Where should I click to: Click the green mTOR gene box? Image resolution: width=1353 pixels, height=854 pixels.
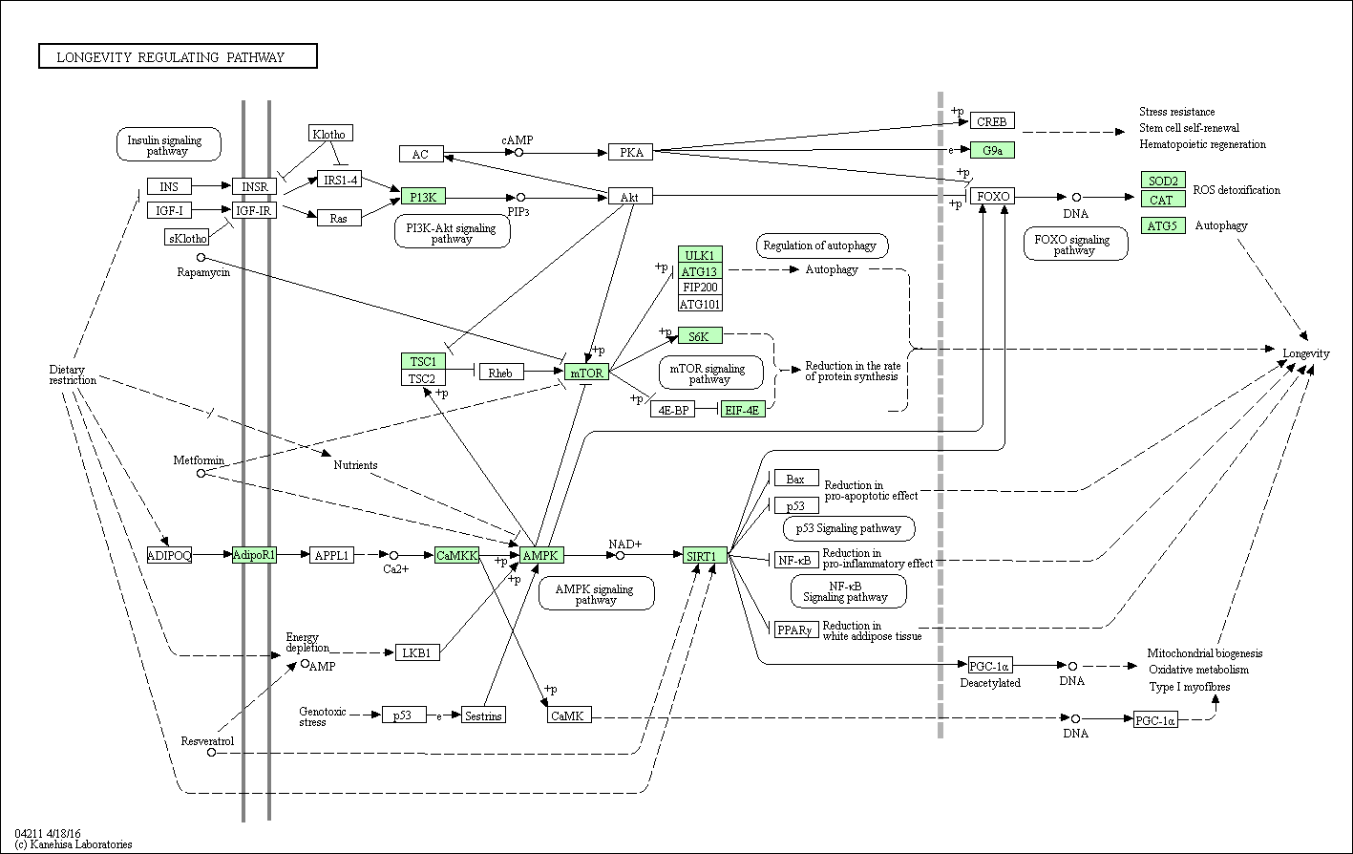[x=586, y=373]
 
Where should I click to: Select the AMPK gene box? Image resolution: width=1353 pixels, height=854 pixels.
[x=541, y=555]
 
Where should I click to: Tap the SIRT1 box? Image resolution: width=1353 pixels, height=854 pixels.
[x=705, y=555]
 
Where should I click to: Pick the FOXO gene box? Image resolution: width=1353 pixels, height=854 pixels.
[x=992, y=196]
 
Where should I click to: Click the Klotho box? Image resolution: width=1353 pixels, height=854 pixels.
[x=330, y=133]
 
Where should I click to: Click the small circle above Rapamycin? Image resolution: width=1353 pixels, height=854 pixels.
[x=201, y=258]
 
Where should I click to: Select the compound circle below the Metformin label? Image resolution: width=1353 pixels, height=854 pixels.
[x=201, y=473]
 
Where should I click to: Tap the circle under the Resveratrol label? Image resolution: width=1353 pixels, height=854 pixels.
[x=211, y=753]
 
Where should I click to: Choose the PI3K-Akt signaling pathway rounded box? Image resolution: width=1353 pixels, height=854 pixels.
[x=452, y=232]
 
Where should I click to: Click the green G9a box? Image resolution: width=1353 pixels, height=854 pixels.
[x=992, y=150]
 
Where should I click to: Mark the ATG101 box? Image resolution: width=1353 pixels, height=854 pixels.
[x=700, y=304]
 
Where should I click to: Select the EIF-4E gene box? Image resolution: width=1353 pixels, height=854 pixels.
[x=743, y=409]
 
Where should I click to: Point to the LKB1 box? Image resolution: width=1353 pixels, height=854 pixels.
[x=417, y=652]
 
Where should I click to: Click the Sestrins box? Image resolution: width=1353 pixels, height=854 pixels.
[x=483, y=715]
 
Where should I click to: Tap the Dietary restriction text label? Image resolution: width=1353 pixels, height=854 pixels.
[x=73, y=374]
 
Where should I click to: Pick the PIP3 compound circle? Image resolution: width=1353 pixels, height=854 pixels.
[x=520, y=197]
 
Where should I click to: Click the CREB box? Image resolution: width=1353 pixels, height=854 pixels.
[x=992, y=121]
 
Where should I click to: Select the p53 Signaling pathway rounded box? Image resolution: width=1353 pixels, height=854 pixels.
[x=849, y=528]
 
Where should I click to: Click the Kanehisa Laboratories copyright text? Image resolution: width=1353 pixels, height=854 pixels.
[x=74, y=844]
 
